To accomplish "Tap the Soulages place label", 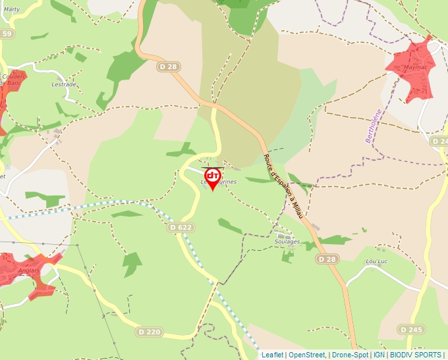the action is (x=287, y=242).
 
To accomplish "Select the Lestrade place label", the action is (x=64, y=85).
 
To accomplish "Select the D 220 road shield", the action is (x=149, y=332).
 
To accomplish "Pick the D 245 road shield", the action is (x=411, y=328).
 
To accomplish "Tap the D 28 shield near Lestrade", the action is (x=169, y=66).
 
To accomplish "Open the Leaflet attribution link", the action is (x=272, y=355).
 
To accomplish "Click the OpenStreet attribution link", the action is (x=307, y=355).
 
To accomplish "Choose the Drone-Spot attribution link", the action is (x=350, y=355).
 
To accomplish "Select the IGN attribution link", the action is (x=379, y=355).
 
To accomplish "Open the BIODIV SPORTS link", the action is (x=416, y=355).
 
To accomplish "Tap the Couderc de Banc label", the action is (x=13, y=80).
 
